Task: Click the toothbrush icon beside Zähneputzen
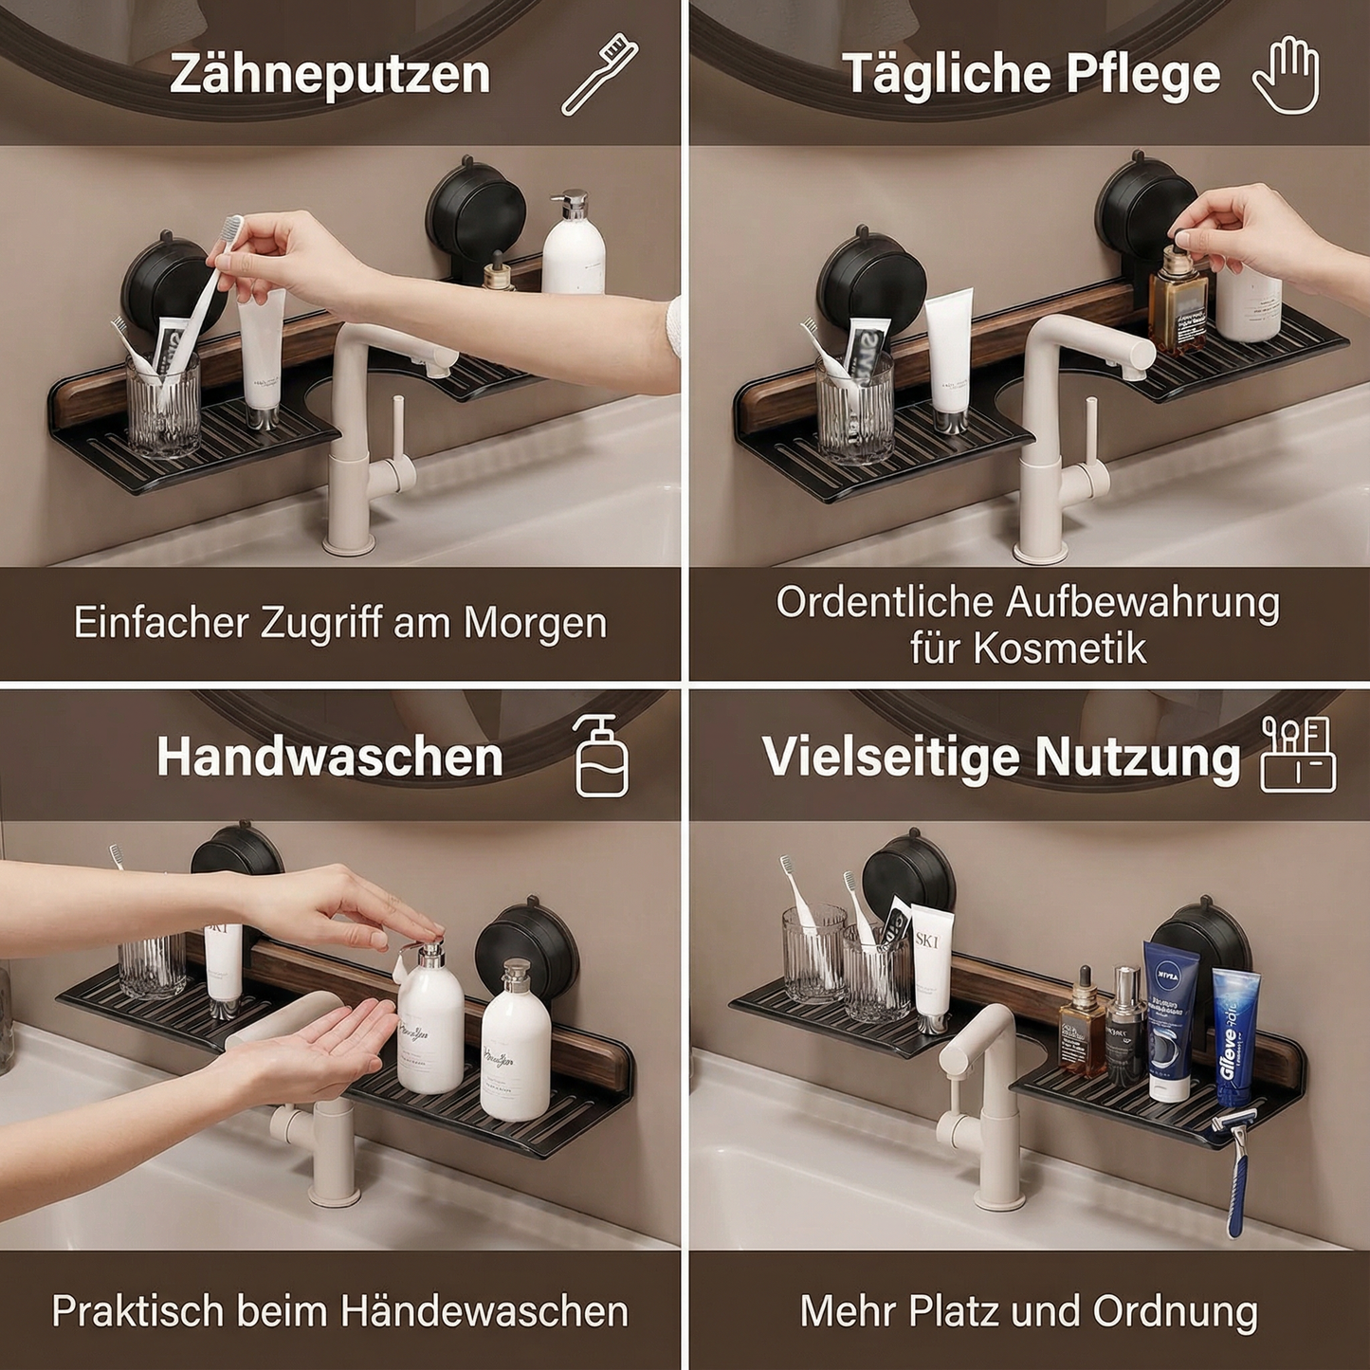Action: point(600,74)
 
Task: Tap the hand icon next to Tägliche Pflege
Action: point(1286,75)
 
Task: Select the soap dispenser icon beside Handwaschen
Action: point(601,757)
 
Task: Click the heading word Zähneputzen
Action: point(330,74)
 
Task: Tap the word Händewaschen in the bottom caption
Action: point(484,1311)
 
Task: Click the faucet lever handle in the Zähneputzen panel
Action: point(398,431)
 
